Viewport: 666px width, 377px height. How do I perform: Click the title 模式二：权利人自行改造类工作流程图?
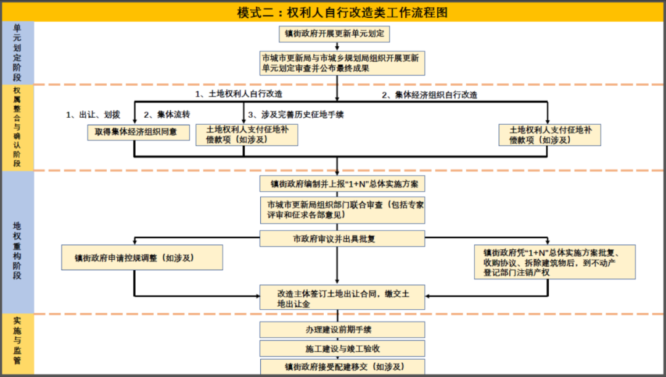pyautogui.click(x=342, y=12)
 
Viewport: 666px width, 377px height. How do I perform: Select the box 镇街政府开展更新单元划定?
pyautogui.click(x=334, y=34)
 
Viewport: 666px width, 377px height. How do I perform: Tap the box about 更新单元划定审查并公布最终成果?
pyautogui.click(x=342, y=64)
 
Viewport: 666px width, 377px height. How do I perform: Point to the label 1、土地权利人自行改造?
pyautogui.click(x=239, y=94)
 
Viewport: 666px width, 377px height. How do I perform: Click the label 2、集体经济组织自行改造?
pyautogui.click(x=429, y=95)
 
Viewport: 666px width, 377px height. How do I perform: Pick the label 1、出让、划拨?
pyautogui.click(x=93, y=115)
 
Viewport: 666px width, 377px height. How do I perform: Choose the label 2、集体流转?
pyautogui.click(x=167, y=115)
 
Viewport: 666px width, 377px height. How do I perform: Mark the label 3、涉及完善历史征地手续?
pyautogui.click(x=296, y=115)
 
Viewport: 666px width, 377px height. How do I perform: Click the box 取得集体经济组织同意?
pyautogui.click(x=139, y=132)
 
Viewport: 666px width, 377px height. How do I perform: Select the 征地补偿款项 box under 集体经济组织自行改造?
pyautogui.click(x=549, y=135)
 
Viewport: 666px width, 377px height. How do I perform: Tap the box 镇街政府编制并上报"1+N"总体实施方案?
pyautogui.click(x=342, y=184)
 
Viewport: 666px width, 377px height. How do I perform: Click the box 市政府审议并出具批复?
pyautogui.click(x=342, y=239)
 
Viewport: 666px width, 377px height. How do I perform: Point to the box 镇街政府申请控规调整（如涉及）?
pyautogui.click(x=142, y=257)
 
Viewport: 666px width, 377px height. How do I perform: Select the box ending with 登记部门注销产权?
pyautogui.click(x=555, y=262)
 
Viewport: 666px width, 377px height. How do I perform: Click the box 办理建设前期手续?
pyautogui.click(x=342, y=330)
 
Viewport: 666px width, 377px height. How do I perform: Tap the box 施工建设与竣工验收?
pyautogui.click(x=342, y=349)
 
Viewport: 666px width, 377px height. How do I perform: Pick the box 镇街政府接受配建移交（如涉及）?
pyautogui.click(x=342, y=367)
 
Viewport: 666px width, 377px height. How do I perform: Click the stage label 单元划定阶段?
pyautogui.click(x=17, y=52)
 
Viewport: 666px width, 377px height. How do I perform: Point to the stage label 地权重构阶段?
pyautogui.click(x=17, y=251)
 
